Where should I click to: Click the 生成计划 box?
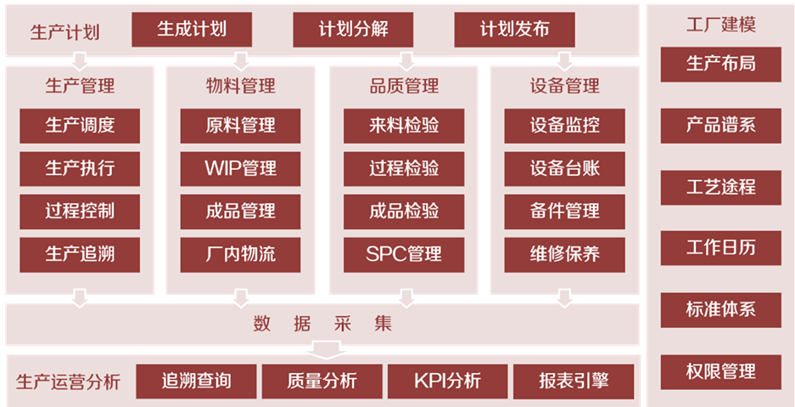[192, 30]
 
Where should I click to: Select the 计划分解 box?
[353, 30]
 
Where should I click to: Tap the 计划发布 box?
[514, 30]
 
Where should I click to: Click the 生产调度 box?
[80, 126]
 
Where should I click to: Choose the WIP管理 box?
[240, 168]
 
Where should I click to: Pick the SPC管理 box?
[404, 254]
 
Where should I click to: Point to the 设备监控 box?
[564, 126]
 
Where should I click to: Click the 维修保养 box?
[564, 254]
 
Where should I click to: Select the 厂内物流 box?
[240, 254]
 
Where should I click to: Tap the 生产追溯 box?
[80, 254]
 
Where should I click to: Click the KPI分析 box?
[447, 381]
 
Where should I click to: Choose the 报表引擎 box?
[574, 381]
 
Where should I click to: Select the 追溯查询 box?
[196, 381]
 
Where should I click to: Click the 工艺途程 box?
[720, 187]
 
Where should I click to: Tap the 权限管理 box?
[720, 371]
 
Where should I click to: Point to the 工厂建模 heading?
[720, 24]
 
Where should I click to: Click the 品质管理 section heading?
[404, 86]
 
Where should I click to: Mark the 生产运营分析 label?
[68, 382]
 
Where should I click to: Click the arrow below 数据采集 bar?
[327, 349]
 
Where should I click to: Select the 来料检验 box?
[404, 126]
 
